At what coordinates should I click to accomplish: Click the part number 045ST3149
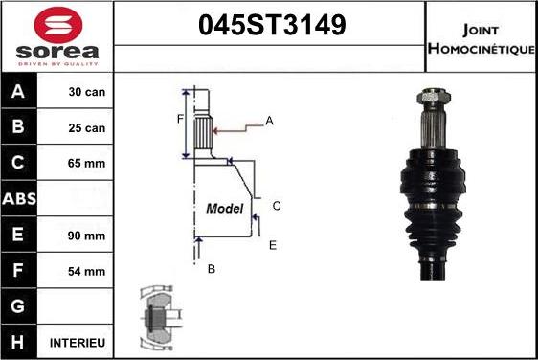pyautogui.click(x=271, y=26)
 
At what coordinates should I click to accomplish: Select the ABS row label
pyautogui.click(x=20, y=199)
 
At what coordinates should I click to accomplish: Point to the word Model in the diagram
pyautogui.click(x=225, y=208)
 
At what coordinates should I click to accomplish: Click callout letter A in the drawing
pyautogui.click(x=270, y=120)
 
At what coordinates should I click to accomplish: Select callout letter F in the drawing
pyautogui.click(x=179, y=119)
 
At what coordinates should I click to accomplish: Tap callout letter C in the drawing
pyautogui.click(x=276, y=206)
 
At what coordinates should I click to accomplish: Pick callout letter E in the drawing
pyautogui.click(x=272, y=246)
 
